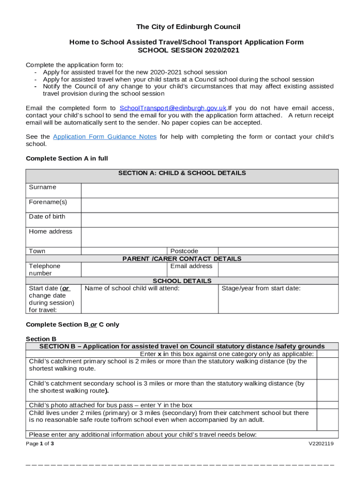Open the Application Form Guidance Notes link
[105, 137]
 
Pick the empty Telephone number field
[124, 269]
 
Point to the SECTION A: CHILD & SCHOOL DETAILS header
[182, 174]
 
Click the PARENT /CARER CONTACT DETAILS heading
[182, 259]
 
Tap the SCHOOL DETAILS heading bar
[182, 281]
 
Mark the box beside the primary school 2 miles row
[328, 368]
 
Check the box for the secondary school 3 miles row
[328, 390]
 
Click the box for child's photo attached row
[328, 405]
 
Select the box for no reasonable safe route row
[328, 420]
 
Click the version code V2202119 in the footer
[321, 444]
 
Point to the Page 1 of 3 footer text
[40, 444]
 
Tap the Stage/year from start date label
[261, 289]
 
